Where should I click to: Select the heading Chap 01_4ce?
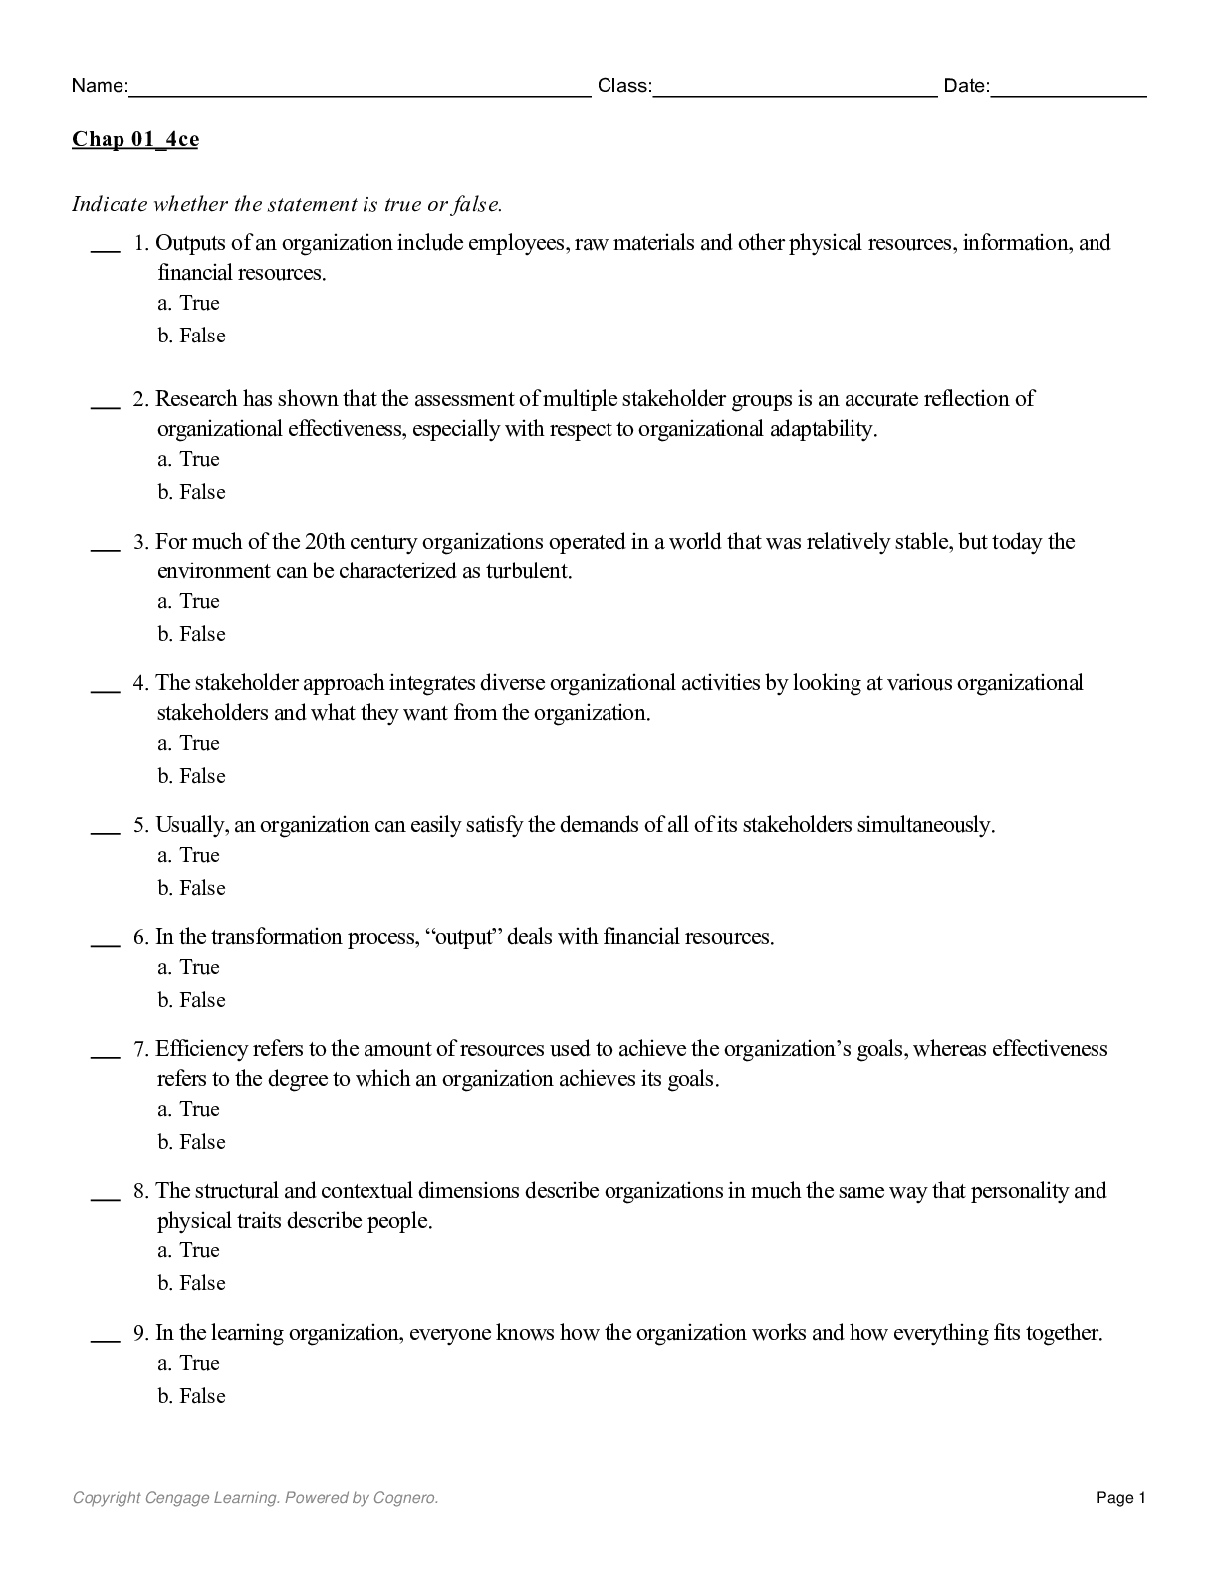[x=134, y=139]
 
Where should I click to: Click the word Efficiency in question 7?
[x=202, y=1049]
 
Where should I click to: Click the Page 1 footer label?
[x=1121, y=1497]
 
